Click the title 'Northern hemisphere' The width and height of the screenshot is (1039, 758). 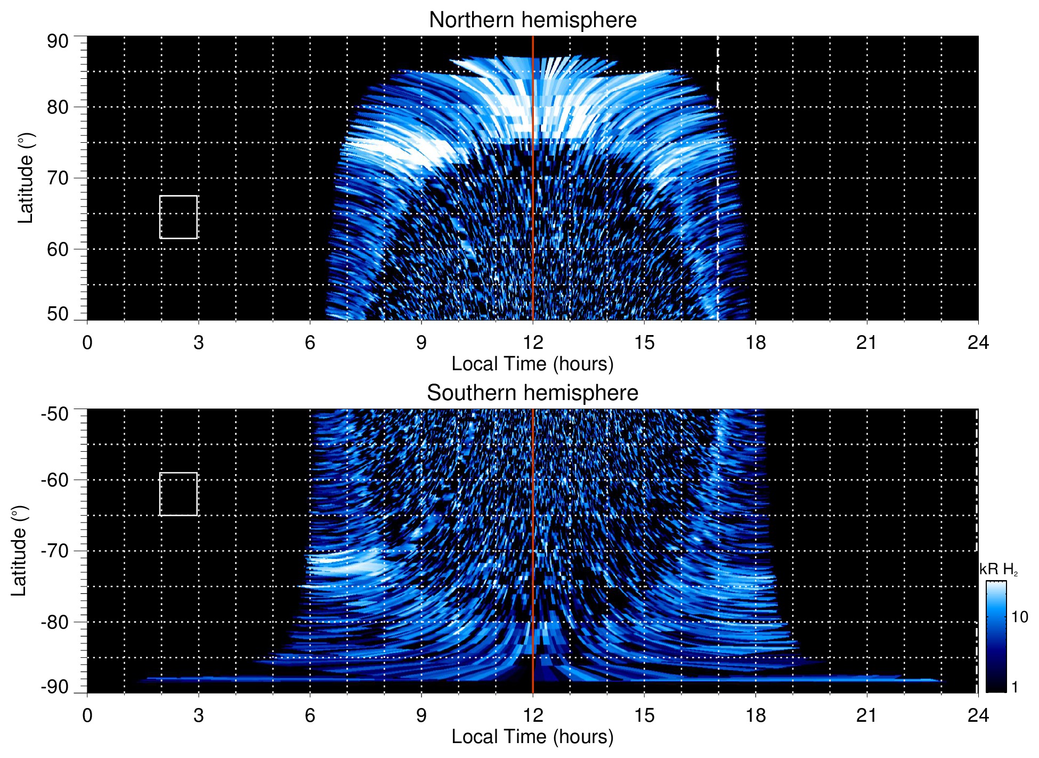click(x=532, y=20)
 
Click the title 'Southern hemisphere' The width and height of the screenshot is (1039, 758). click(x=532, y=393)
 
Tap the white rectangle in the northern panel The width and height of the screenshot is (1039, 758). click(x=178, y=217)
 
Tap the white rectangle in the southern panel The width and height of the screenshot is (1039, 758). click(x=178, y=494)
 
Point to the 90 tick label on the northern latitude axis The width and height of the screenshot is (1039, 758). click(x=58, y=42)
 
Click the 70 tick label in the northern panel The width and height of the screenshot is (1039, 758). click(x=58, y=178)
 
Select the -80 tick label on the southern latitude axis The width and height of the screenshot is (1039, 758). click(x=54, y=622)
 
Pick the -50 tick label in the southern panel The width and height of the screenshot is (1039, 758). click(x=54, y=414)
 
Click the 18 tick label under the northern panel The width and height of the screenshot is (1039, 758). click(x=756, y=343)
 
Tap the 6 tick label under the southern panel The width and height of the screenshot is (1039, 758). click(x=310, y=715)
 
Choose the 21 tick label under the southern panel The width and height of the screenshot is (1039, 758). click(x=867, y=715)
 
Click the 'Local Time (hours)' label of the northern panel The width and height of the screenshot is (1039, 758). click(x=532, y=364)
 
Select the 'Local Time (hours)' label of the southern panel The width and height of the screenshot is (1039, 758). click(x=532, y=737)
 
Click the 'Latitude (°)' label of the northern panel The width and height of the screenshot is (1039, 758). click(x=26, y=178)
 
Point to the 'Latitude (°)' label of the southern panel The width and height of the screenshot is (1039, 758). click(x=19, y=551)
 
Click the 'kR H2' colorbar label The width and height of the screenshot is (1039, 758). click(x=999, y=570)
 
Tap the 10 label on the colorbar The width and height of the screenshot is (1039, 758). click(x=1019, y=617)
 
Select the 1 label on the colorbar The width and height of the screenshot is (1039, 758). click(x=1014, y=687)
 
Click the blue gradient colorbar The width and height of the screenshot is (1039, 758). click(x=996, y=637)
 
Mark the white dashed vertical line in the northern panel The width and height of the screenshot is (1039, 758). click(x=718, y=213)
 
